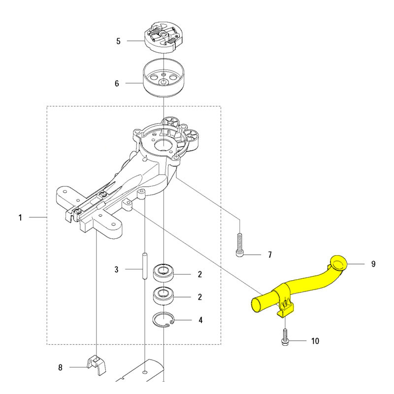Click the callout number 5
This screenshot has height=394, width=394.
pyautogui.click(x=118, y=41)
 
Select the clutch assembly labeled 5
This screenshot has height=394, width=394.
pyautogui.click(x=164, y=38)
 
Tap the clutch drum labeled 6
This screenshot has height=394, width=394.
pyautogui.click(x=164, y=78)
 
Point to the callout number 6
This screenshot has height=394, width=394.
pyautogui.click(x=117, y=83)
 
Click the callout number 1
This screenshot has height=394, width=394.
pyautogui.click(x=20, y=217)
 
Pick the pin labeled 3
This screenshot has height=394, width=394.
pyautogui.click(x=145, y=265)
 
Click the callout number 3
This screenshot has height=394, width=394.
pyautogui.click(x=116, y=269)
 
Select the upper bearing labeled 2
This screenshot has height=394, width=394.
pyautogui.click(x=164, y=273)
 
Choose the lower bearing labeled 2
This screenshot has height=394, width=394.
pyautogui.click(x=164, y=296)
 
